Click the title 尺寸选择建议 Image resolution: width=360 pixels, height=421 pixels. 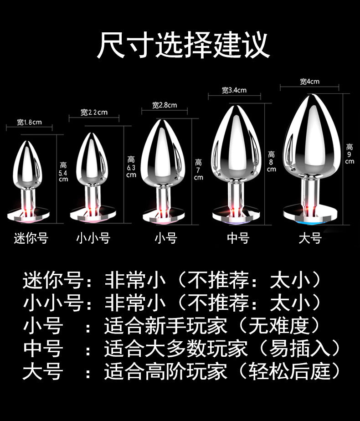[x=183, y=45]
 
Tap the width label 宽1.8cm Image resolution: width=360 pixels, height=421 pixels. [x=29, y=122]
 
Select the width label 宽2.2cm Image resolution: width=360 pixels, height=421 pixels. [x=94, y=112]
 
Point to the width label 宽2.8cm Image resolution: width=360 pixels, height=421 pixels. [x=165, y=105]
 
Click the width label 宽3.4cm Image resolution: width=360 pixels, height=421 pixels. [x=234, y=90]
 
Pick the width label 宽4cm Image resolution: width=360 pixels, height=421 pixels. [x=309, y=82]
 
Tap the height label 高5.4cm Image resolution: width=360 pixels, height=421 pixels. [x=63, y=172]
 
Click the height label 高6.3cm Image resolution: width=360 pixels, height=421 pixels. [x=131, y=167]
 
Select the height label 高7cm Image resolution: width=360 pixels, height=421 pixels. [x=199, y=169]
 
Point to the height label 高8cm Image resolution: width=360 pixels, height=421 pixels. [x=272, y=162]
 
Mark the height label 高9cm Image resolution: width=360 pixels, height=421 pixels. [x=350, y=154]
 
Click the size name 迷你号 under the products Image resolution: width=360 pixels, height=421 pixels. [x=31, y=238]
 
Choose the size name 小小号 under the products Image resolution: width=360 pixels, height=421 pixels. [x=93, y=238]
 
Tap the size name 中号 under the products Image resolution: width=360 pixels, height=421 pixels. [x=238, y=238]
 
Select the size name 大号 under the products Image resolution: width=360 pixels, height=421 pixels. [x=310, y=238]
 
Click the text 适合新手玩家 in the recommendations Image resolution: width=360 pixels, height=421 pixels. [x=165, y=326]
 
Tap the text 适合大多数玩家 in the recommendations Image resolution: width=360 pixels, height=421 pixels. [x=176, y=349]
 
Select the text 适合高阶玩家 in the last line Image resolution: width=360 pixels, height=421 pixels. [x=165, y=371]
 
